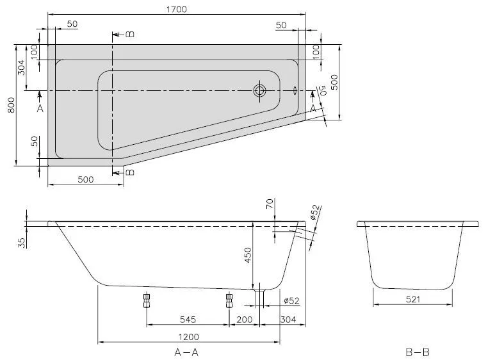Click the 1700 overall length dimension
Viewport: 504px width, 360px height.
click(175, 9)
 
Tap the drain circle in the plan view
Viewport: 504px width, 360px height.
click(259, 90)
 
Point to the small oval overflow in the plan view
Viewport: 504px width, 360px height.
click(295, 90)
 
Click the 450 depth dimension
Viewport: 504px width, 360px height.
click(248, 255)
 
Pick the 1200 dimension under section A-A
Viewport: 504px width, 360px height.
click(188, 337)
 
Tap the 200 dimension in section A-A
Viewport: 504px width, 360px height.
click(243, 318)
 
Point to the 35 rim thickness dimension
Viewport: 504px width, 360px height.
click(22, 241)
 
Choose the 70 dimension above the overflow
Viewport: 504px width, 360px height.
click(269, 204)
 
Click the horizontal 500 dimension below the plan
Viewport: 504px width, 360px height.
click(85, 179)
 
